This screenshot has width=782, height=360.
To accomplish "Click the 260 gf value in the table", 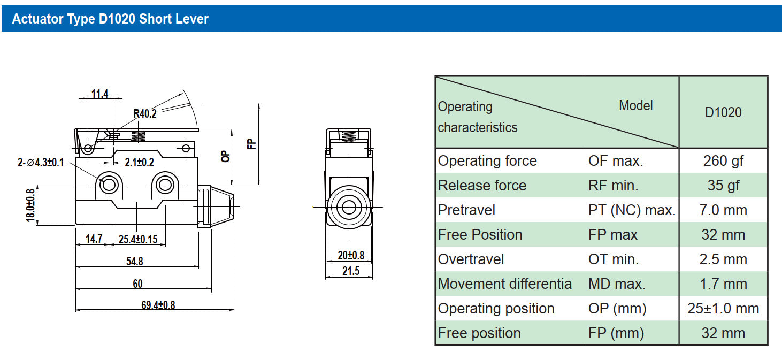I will click(x=723, y=160).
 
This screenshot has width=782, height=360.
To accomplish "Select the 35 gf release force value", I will click(x=723, y=185).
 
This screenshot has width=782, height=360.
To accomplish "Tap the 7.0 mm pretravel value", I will click(x=723, y=210).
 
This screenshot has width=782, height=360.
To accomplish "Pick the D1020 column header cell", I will click(x=723, y=112).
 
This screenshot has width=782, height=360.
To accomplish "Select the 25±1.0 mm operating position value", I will click(x=723, y=308).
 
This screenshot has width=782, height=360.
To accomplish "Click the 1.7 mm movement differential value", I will click(x=723, y=284).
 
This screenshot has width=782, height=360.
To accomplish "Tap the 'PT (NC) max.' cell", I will click(x=632, y=210).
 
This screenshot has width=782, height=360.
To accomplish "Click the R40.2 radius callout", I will click(x=144, y=113).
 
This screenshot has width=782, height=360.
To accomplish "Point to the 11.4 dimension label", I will click(x=99, y=94).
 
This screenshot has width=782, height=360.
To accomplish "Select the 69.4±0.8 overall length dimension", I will click(x=158, y=305).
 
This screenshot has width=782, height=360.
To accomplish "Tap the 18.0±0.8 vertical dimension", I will click(x=30, y=205).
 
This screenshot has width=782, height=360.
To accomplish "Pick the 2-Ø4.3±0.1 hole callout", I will click(x=41, y=163).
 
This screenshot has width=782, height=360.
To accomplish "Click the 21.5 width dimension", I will click(x=350, y=271).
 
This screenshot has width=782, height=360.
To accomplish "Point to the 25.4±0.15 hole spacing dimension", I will click(x=138, y=239).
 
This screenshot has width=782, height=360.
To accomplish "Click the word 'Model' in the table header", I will click(x=635, y=105).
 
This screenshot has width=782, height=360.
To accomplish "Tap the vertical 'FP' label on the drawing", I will click(x=251, y=143).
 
